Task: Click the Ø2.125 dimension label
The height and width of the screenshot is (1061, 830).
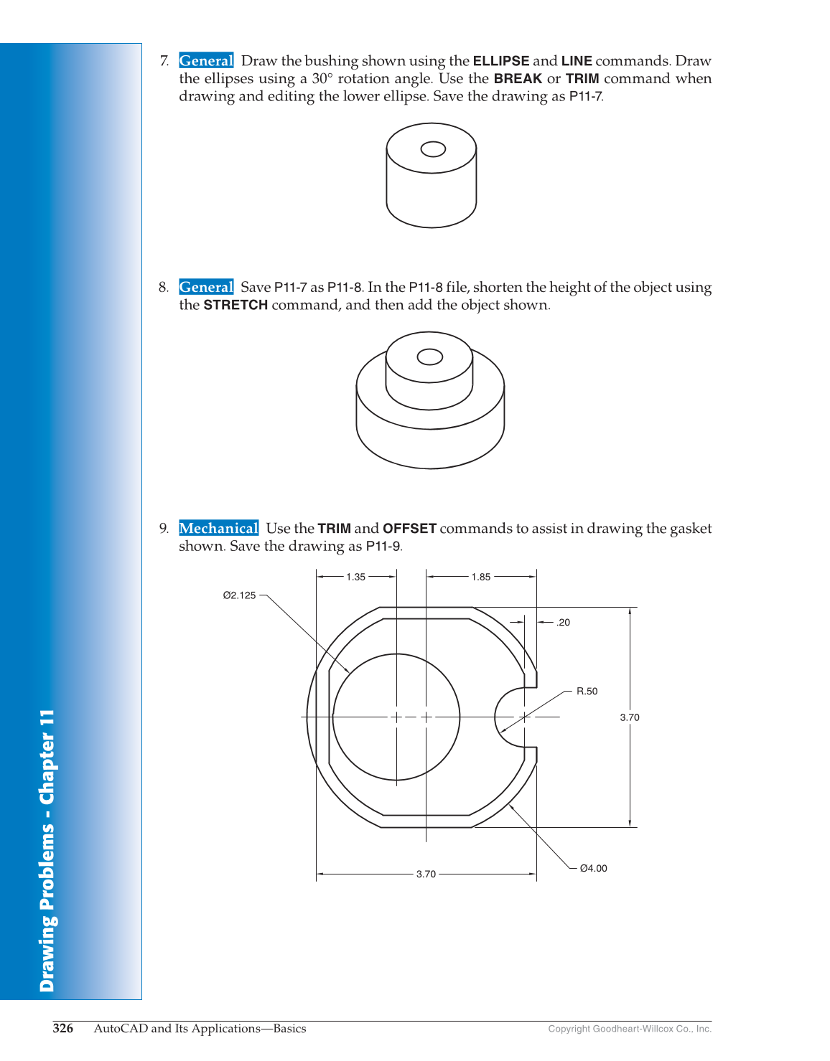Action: point(239,595)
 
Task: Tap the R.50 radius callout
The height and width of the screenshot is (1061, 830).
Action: point(587,692)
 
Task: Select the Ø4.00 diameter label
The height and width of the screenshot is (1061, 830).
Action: point(593,868)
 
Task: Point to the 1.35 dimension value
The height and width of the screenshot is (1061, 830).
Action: point(355,577)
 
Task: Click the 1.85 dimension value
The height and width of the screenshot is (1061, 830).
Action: point(480,577)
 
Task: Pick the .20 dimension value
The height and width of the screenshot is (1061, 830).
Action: point(563,623)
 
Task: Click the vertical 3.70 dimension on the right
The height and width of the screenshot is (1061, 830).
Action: point(629,717)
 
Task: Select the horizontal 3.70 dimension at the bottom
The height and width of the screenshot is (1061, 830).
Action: point(426,874)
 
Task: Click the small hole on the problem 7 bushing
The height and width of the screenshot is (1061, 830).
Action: point(433,149)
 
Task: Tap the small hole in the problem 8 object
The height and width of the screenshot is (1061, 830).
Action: point(430,357)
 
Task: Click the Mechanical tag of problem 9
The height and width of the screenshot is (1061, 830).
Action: point(218,529)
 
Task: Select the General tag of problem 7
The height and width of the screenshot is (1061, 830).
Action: point(206,61)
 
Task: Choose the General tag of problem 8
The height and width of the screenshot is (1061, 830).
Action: point(206,288)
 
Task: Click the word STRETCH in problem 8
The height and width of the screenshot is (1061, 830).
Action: point(236,305)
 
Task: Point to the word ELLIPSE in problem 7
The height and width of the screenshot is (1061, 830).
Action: point(500,61)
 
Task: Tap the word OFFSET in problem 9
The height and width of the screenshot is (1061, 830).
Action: point(409,529)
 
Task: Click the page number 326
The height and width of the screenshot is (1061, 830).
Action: point(63,1029)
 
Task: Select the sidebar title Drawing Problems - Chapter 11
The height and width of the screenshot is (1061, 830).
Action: point(47,851)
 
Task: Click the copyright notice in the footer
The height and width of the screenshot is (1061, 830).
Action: point(630,1029)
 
